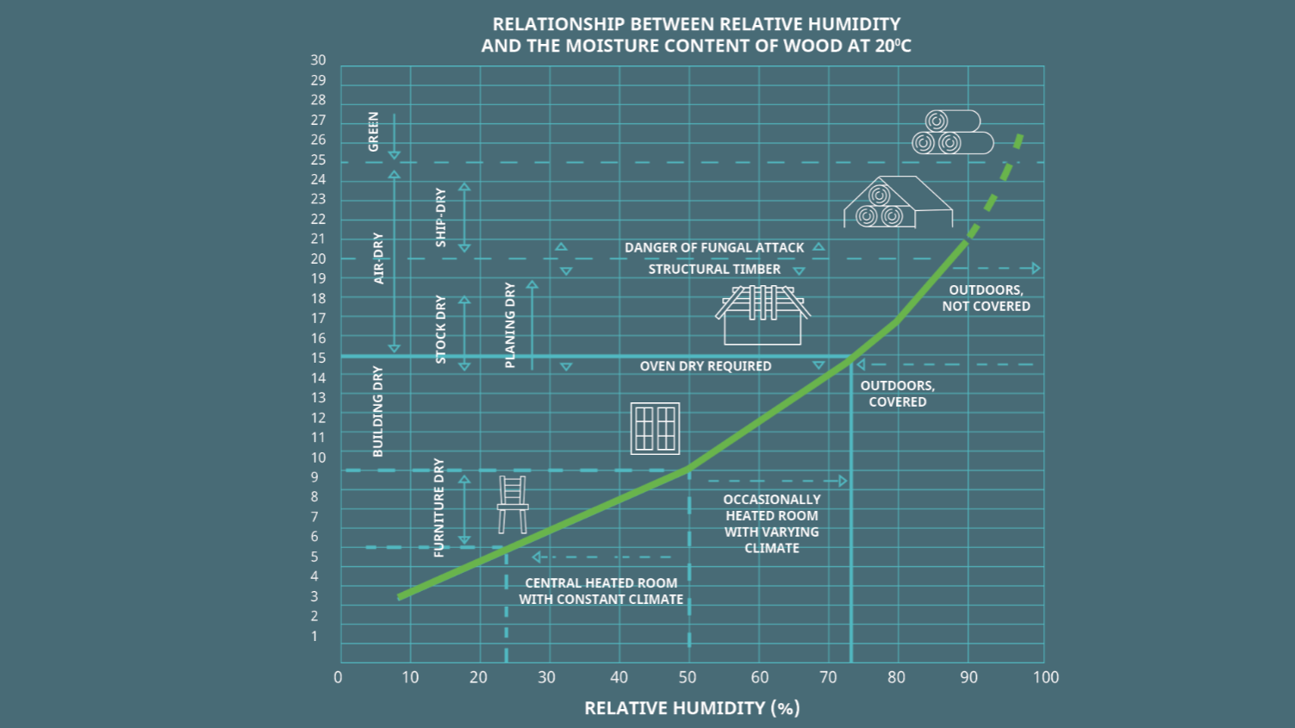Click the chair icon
[513, 504]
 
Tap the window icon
[655, 428]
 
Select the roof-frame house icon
[763, 314]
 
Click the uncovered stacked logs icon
[951, 133]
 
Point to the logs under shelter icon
[897, 203]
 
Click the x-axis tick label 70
[828, 677]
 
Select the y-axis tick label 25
[319, 160]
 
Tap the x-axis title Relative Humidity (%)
[692, 708]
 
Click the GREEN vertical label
[373, 132]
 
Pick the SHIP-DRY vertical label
[441, 217]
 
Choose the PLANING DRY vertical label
[510, 325]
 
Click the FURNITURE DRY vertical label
[439, 507]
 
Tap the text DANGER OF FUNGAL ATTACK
[714, 248]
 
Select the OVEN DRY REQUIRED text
[705, 366]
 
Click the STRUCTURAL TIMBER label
[714, 270]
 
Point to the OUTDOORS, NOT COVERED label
[986, 298]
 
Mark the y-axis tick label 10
[319, 457]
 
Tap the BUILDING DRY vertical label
[377, 411]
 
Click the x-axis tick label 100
[1045, 677]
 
